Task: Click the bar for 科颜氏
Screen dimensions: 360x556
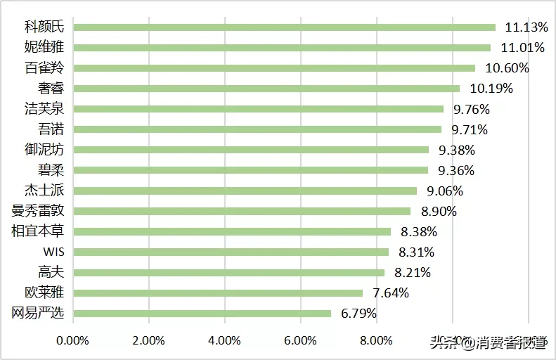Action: coord(285,27)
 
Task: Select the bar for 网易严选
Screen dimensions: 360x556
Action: coord(202,313)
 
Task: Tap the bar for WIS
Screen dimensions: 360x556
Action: coord(231,252)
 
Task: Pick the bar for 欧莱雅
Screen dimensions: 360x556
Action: coord(218,292)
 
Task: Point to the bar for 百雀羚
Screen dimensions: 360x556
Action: coord(274,68)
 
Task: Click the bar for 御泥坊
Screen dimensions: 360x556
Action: coord(251,150)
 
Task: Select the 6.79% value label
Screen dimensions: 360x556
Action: coord(358,313)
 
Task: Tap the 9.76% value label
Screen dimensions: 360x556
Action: coord(471,109)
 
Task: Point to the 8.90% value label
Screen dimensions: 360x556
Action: coord(438,211)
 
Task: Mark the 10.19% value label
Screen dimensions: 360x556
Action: coord(491,89)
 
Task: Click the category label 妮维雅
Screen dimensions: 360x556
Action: coord(44,48)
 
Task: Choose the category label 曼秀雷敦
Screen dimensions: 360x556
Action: coord(38,211)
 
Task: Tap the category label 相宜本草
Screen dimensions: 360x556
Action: coord(38,231)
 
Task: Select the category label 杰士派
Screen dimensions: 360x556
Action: coord(44,191)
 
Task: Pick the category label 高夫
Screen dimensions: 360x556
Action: coord(51,272)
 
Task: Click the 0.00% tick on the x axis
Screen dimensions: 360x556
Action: coord(73,341)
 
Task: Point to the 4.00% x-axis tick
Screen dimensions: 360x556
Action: coord(224,341)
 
